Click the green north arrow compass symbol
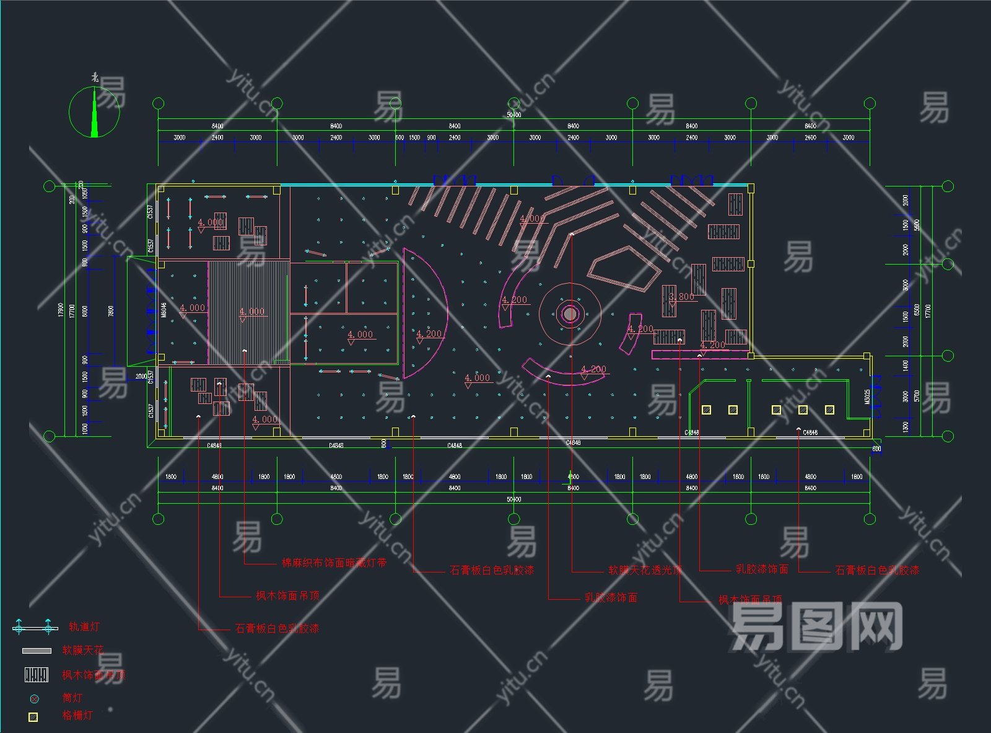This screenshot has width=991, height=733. coord(95,112)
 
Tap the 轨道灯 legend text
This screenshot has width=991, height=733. coord(84,626)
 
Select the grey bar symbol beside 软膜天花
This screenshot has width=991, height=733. coord(37,651)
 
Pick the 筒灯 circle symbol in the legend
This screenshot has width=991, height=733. coord(34,699)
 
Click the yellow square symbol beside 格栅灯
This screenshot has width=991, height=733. coord(33,717)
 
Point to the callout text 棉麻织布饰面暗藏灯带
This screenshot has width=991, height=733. coord(334,563)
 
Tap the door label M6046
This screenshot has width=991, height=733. coord(164,309)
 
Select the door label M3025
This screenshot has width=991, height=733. coord(867,397)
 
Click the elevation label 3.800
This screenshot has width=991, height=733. coord(681,297)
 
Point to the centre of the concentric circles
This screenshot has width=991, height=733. coord(570,314)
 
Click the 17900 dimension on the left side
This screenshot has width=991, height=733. coord(61,310)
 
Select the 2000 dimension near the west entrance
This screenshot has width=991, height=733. coord(141,376)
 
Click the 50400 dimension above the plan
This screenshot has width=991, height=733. coord(513,115)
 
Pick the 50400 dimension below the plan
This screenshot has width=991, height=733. coord(513,499)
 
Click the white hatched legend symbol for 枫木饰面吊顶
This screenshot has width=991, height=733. coord(37,675)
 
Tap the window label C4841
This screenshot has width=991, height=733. coord(214,446)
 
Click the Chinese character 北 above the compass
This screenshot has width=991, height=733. coord(95,77)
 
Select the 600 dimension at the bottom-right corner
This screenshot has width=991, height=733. coord(876,449)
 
